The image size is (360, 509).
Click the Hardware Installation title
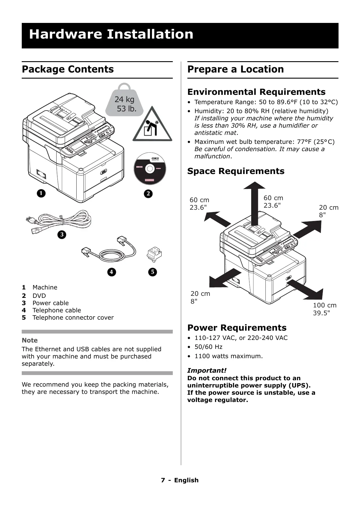click(x=111, y=34)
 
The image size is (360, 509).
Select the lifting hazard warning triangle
click(x=152, y=125)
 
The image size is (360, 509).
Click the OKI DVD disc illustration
click(x=150, y=168)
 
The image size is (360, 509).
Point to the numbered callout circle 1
click(x=41, y=193)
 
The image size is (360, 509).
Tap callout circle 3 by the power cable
click(x=61, y=234)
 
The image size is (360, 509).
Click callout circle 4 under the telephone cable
click(x=111, y=272)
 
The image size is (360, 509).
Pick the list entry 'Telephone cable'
click(x=57, y=310)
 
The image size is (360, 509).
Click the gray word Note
click(x=30, y=340)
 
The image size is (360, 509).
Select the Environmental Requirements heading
click(x=256, y=92)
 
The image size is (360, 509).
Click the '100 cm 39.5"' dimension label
click(x=325, y=309)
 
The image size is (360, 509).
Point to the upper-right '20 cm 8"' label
click(x=328, y=211)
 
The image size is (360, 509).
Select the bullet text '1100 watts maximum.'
click(x=229, y=356)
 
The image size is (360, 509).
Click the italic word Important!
click(x=207, y=370)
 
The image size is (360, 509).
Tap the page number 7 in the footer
click(x=163, y=480)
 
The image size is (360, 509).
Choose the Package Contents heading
click(x=68, y=69)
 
